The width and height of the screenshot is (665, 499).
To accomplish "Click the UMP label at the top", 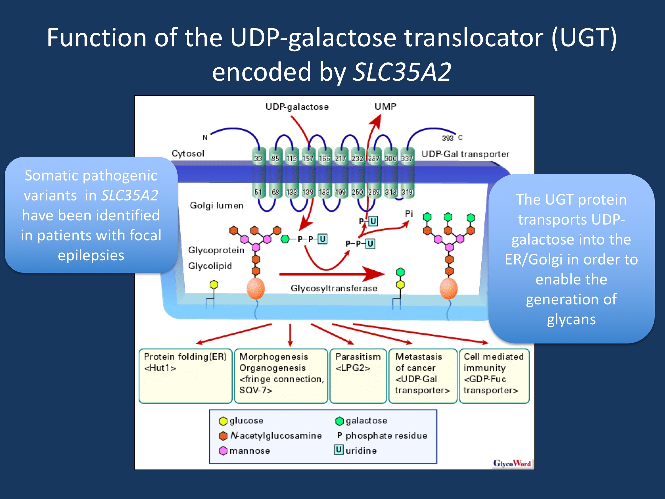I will point(385,106).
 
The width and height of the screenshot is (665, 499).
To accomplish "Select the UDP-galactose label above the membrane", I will point(297,107).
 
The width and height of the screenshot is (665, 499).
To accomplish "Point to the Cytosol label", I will point(188,153).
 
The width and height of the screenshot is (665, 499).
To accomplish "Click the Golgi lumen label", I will point(216,205).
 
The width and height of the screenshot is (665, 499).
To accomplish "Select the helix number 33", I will point(258,158).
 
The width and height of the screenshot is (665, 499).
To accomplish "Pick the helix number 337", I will point(407,158).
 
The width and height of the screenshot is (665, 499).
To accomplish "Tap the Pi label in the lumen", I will point(409,214).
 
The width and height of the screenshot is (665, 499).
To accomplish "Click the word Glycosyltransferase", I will point(334,289).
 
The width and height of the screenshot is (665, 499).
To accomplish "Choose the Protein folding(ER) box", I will point(185,376).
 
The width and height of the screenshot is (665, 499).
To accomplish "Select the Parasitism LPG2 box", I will point(358,376).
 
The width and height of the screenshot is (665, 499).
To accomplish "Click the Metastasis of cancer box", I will point(422,376).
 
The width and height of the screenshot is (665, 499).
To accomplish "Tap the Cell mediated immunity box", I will point(494,376).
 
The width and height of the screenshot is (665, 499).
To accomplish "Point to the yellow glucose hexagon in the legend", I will point(223,421).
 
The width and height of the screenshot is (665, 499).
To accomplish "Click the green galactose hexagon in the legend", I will point(339,421).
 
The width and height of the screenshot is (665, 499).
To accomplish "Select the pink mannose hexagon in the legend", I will point(223,451).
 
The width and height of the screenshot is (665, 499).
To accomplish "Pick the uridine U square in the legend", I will point(339,450).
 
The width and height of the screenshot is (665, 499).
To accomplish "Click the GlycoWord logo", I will point(512,463).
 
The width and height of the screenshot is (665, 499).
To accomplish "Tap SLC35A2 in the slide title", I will point(402,72).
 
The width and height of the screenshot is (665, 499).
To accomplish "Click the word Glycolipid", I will point(210,266).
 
